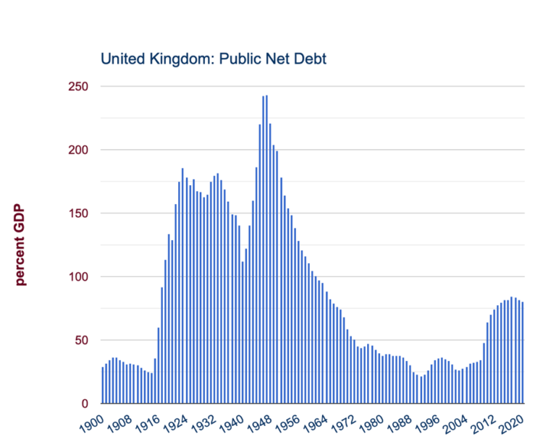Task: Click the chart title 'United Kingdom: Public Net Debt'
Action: (214, 59)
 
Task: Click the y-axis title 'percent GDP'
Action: (20, 245)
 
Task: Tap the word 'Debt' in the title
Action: (311, 59)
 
